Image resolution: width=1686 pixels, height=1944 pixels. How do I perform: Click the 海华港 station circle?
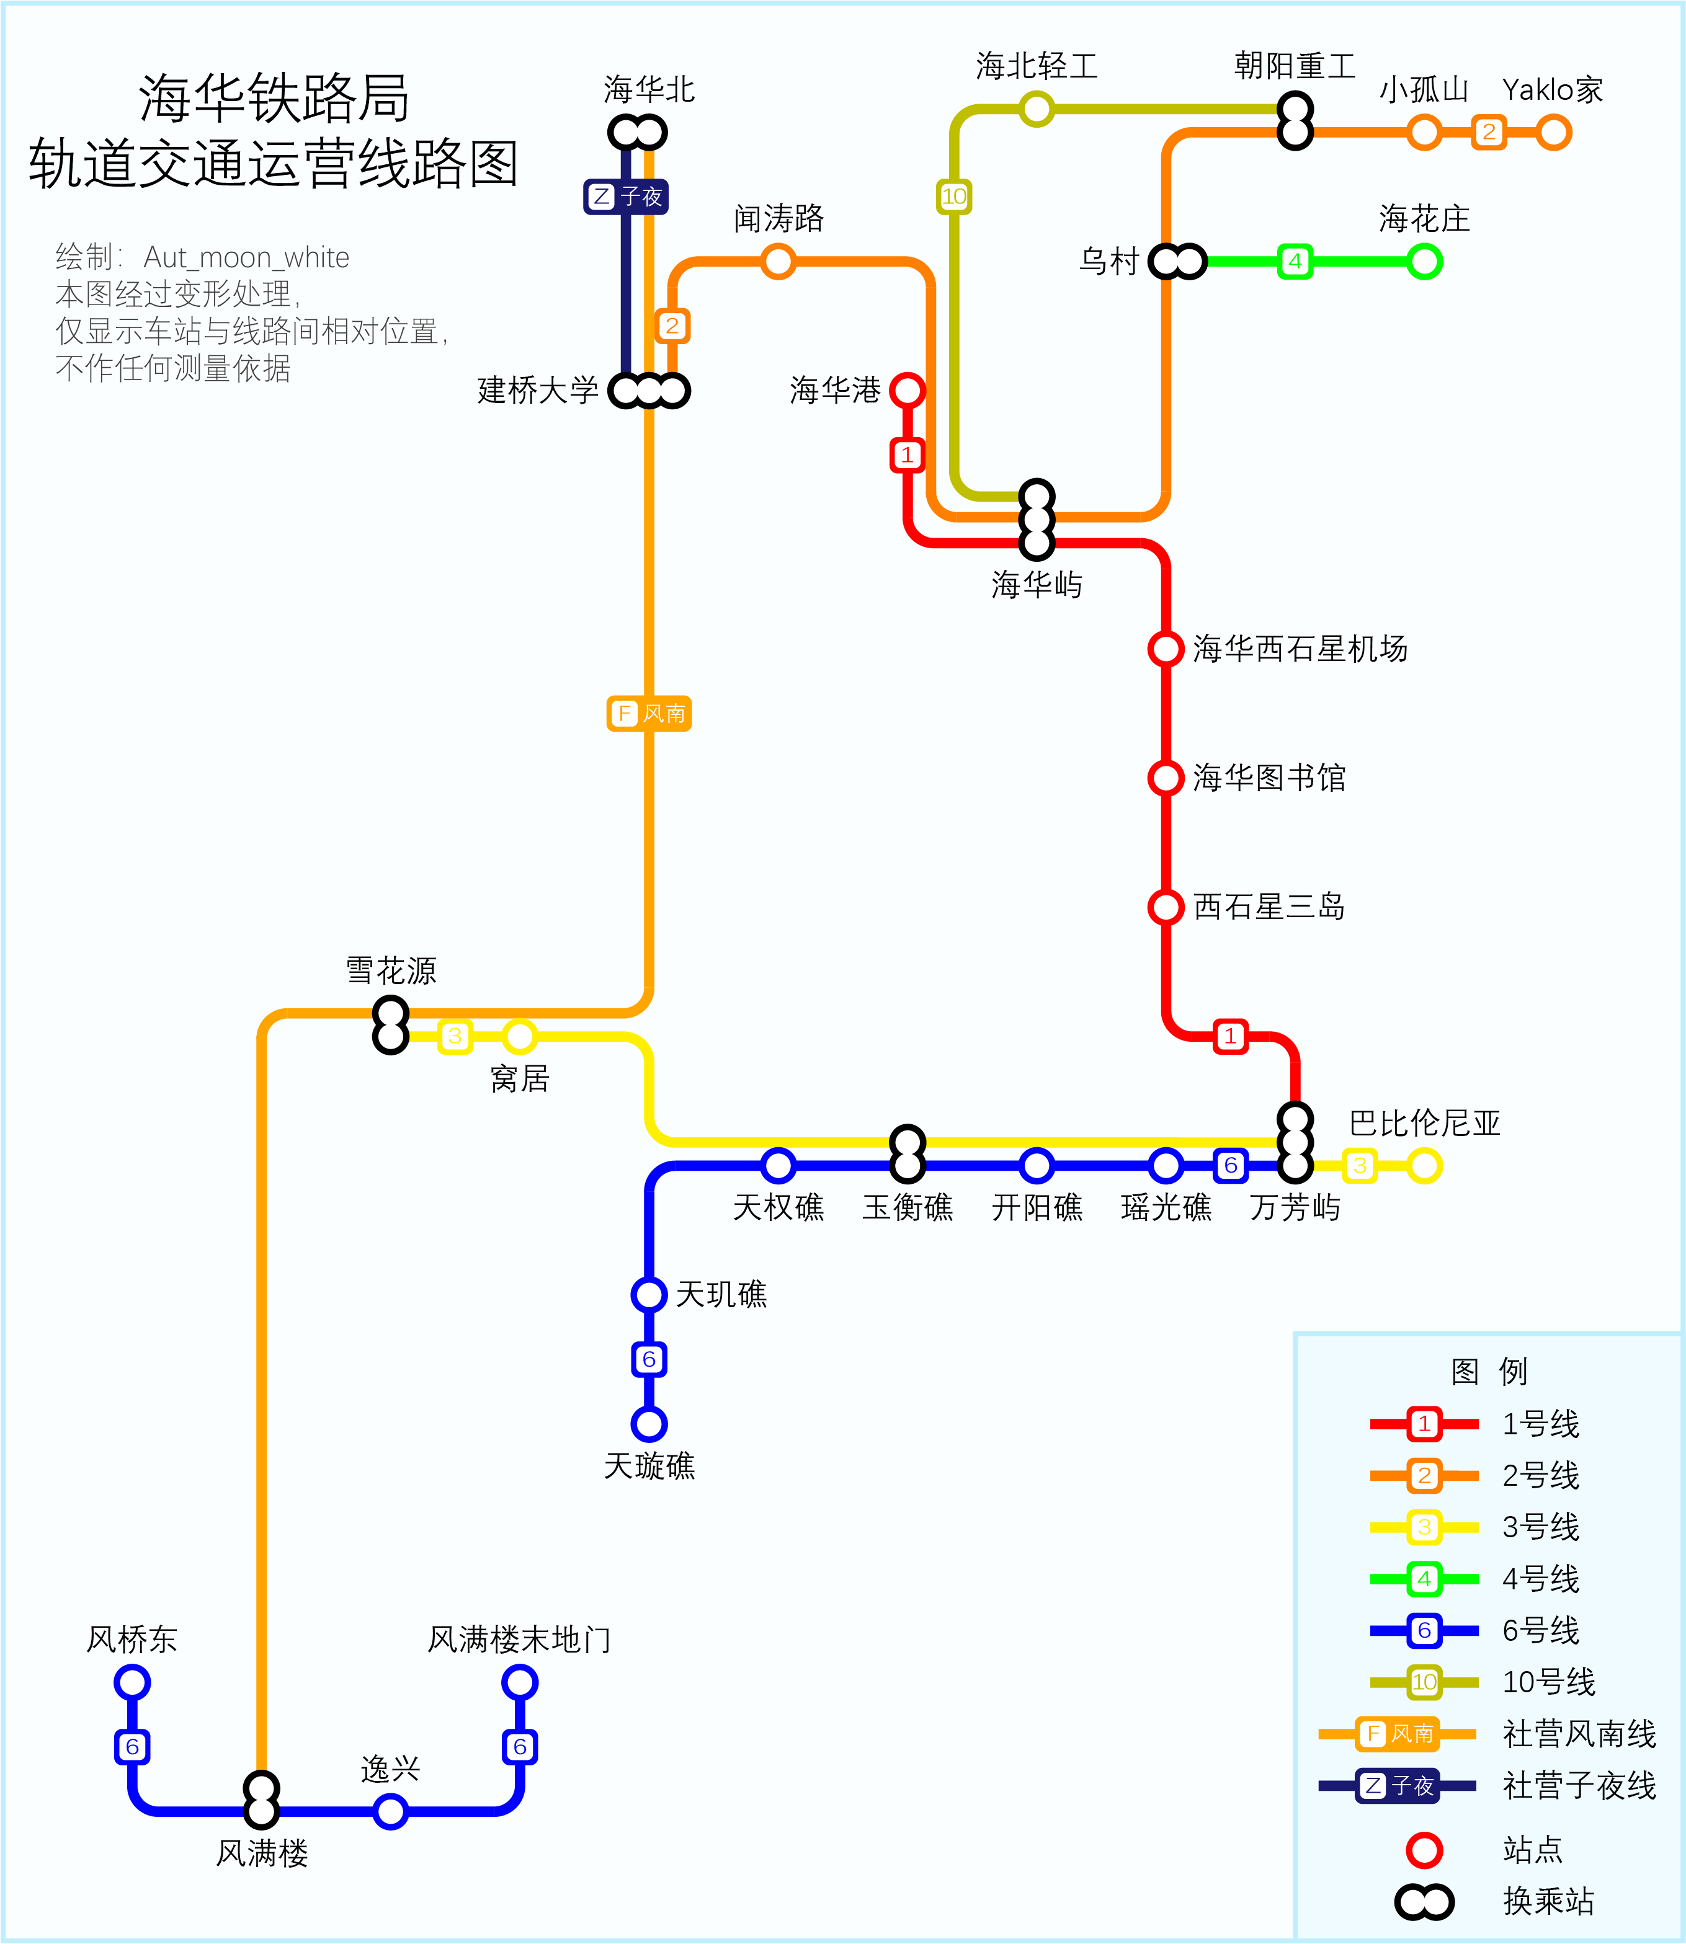pyautogui.click(x=907, y=389)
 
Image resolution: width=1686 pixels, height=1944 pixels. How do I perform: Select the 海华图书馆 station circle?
pyautogui.click(x=1166, y=778)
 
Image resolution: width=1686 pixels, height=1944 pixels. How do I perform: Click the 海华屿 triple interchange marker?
pyautogui.click(x=1037, y=519)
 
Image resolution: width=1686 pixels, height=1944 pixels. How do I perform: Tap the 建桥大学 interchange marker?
pyautogui.click(x=649, y=389)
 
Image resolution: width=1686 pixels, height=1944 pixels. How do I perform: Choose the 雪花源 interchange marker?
pyautogui.click(x=390, y=1025)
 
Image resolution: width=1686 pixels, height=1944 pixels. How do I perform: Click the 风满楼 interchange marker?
pyautogui.click(x=262, y=1800)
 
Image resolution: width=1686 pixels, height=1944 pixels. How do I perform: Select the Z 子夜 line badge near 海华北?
pyautogui.click(x=626, y=197)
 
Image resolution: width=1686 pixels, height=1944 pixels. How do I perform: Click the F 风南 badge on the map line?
pyautogui.click(x=649, y=713)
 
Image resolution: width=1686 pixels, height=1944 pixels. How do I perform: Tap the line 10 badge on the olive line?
pyautogui.click(x=954, y=197)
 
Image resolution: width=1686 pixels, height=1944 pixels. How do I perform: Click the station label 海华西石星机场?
pyautogui.click(x=1300, y=649)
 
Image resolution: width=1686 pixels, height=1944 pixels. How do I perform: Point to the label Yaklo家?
pyautogui.click(x=1553, y=91)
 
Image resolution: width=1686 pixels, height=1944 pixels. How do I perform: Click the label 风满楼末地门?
pyautogui.click(x=519, y=1640)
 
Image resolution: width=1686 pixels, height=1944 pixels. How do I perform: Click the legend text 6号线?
pyautogui.click(x=1540, y=1630)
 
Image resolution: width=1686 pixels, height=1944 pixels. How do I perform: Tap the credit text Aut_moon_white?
pyautogui.click(x=246, y=257)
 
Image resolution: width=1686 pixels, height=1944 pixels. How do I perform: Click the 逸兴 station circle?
pyautogui.click(x=390, y=1811)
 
